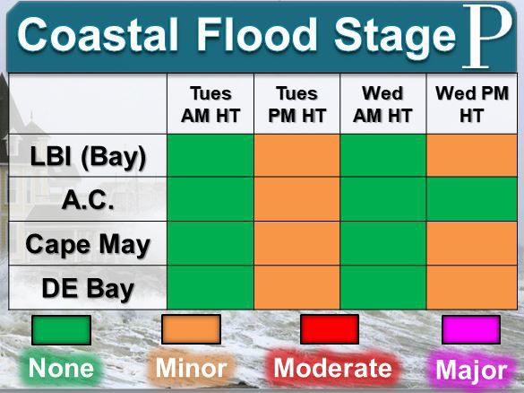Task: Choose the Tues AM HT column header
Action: coord(210,105)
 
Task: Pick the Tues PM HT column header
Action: coord(297,105)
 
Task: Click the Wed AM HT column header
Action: coord(382,105)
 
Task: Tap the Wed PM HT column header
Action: coord(470,105)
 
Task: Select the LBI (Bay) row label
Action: coord(87,155)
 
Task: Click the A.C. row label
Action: coord(87,199)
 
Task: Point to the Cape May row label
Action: coord(87,243)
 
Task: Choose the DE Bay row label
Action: coord(87,287)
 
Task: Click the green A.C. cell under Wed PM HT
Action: coord(470,199)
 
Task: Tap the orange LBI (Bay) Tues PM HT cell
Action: coord(297,155)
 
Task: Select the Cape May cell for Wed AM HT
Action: coord(382,243)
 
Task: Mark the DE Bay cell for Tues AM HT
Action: coord(210,287)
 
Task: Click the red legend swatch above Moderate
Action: coord(329,329)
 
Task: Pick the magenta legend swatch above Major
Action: coord(470,329)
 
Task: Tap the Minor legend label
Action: coord(191,368)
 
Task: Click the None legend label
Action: coord(61,368)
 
